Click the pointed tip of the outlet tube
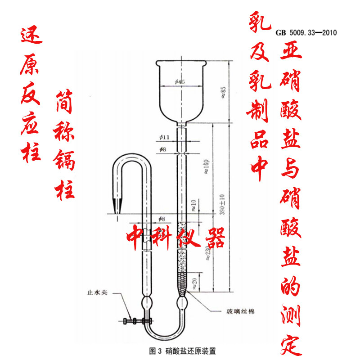(118, 211)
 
